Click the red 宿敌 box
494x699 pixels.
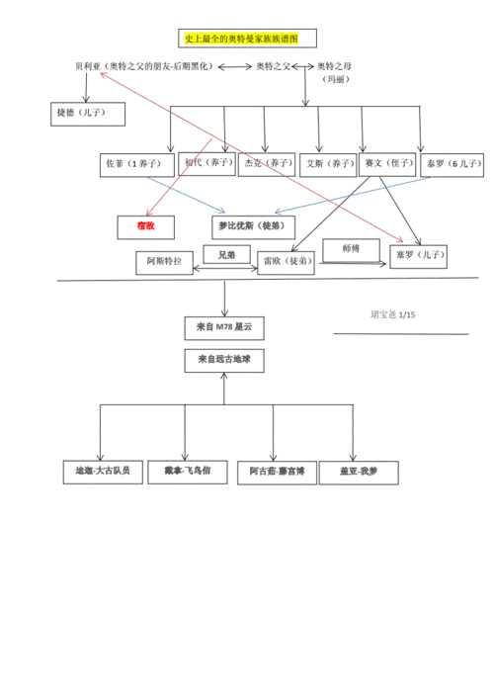145,226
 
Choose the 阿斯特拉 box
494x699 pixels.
164,262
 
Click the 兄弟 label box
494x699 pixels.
225,254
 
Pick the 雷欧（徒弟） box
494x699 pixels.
287,262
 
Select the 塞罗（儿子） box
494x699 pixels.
418,256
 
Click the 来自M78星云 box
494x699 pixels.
224,326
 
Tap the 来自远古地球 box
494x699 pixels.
224,360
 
